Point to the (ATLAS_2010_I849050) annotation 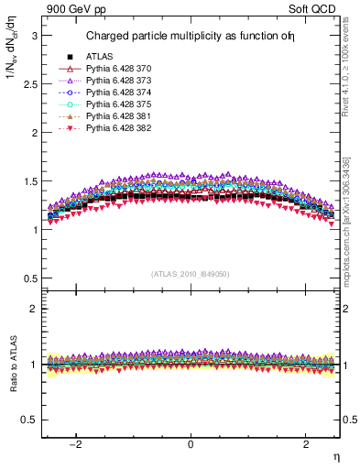coord(191,274)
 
